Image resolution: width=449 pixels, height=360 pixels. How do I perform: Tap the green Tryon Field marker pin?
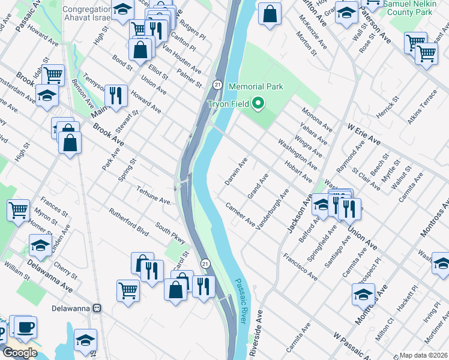259,104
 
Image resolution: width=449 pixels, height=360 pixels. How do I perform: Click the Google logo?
20,353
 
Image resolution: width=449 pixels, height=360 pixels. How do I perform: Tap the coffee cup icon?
25,327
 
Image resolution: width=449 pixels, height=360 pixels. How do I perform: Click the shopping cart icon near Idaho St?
53,75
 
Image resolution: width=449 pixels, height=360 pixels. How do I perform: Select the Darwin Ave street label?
237,171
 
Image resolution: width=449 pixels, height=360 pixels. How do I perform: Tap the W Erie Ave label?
364,133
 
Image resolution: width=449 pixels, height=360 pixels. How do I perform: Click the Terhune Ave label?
154,196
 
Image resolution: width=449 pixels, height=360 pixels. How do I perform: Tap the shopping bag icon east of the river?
270,13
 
